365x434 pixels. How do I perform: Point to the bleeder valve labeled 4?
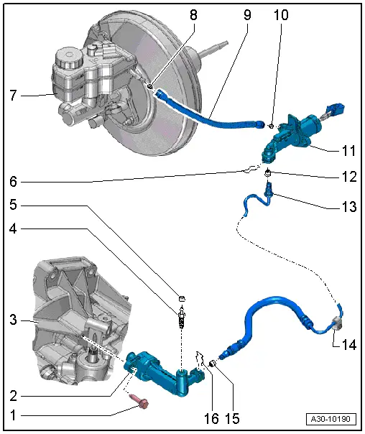click(182, 317)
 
